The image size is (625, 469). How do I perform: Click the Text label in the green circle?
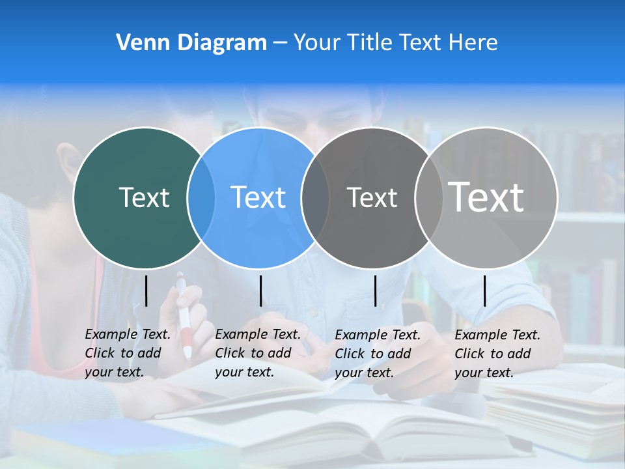tap(144, 197)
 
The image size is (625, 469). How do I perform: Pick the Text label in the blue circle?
tap(258, 197)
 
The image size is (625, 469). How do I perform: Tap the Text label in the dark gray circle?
tap(372, 198)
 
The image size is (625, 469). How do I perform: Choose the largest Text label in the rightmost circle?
tap(486, 197)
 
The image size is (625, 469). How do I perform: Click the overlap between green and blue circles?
tap(201, 198)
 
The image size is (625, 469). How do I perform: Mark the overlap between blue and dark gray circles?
tap(315, 198)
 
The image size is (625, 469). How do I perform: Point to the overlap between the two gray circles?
tap(428, 198)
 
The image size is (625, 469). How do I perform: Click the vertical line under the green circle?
tap(146, 291)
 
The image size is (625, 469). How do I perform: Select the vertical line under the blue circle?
tap(260, 291)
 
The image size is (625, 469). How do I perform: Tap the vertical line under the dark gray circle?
tap(375, 291)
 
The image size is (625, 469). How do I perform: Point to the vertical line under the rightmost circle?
tap(485, 291)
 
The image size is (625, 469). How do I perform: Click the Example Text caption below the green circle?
tap(127, 353)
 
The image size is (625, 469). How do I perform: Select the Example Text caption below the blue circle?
tap(257, 353)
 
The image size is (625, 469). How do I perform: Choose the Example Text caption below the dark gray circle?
tap(377, 354)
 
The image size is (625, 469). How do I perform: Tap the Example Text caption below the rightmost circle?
tap(497, 354)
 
